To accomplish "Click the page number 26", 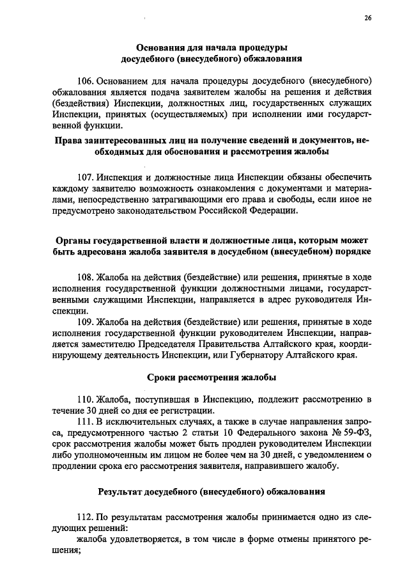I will tap(368, 18).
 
